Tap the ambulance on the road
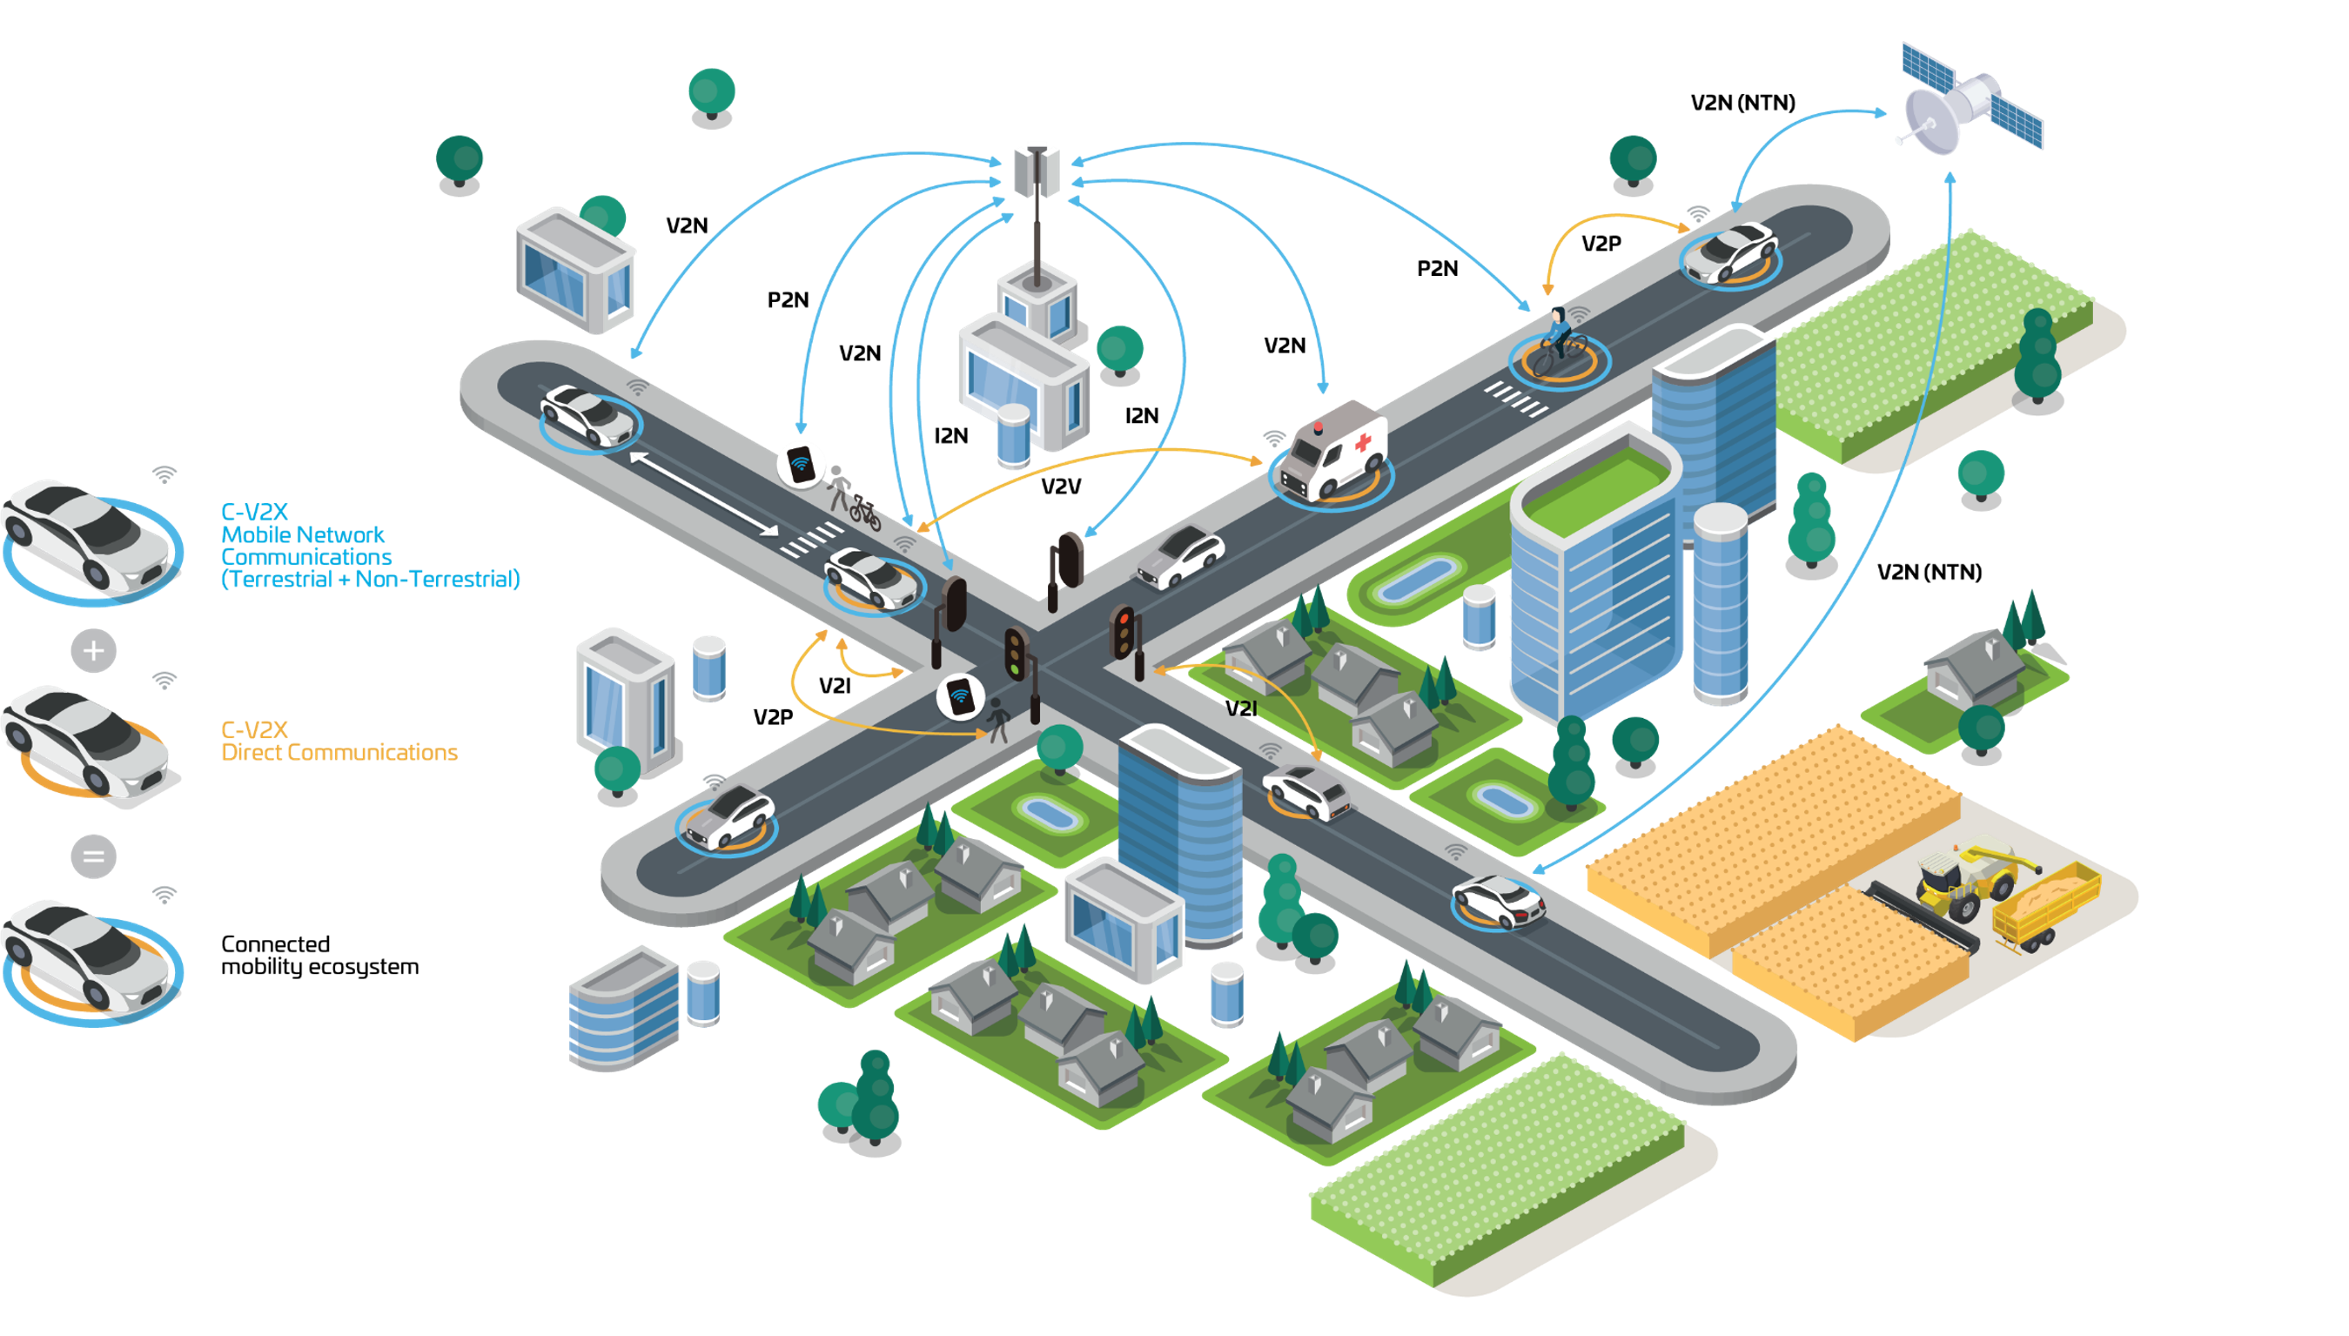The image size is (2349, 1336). coord(1332,450)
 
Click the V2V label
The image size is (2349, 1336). coord(1061,487)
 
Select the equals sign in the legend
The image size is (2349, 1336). coord(94,856)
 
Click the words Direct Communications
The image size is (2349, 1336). coord(339,752)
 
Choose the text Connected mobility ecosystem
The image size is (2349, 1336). coord(319,955)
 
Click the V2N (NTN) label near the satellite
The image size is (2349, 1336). coord(1742,103)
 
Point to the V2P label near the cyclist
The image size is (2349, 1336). coord(1601,243)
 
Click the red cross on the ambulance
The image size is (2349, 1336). coord(1364,442)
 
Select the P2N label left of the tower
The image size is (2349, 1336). coord(789,300)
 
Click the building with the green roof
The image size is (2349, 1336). coord(1594,574)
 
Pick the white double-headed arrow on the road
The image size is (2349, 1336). coord(704,492)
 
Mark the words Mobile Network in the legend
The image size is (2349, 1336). coord(303,535)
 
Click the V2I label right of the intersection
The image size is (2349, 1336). coord(1241,708)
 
